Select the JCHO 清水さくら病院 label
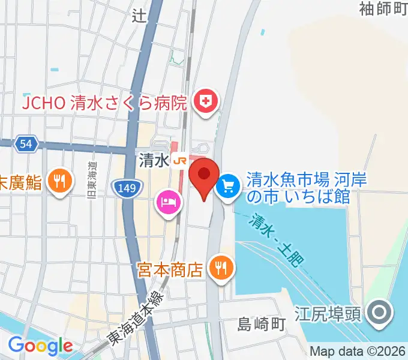point(105,102)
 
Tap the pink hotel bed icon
point(167,202)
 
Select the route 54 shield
point(26,144)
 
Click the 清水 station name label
point(151,161)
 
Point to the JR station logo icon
point(178,160)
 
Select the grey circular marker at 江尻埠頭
point(380,313)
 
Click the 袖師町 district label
point(383,8)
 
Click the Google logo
point(40,346)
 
